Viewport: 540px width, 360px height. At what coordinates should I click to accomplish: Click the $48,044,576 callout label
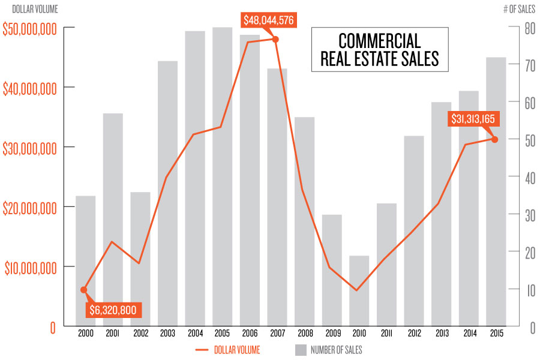tap(269, 20)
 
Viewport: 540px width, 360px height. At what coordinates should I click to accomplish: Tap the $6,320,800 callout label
tap(113, 310)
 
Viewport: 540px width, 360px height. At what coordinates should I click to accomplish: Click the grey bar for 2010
tap(359, 291)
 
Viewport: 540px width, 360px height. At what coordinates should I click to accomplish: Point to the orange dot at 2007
tap(275, 39)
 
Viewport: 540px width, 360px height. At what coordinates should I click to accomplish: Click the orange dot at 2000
tap(84, 290)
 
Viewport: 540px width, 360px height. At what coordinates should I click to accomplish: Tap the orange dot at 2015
tap(495, 139)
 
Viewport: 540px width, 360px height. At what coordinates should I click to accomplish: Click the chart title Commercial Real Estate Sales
tap(379, 50)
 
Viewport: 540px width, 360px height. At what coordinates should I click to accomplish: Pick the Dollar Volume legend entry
tap(227, 350)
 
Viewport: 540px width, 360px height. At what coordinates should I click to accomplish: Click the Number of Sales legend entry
tap(328, 350)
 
